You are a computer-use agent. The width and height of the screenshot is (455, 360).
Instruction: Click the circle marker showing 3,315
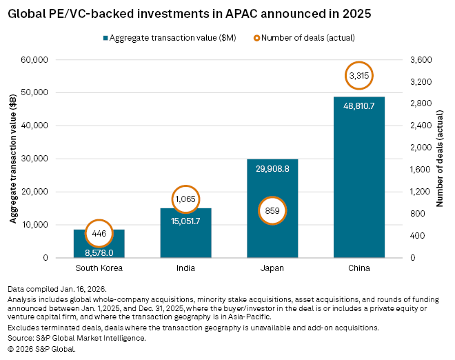358,74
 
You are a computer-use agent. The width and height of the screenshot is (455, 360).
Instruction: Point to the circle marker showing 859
272,210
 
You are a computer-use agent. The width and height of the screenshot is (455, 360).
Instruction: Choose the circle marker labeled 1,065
185,199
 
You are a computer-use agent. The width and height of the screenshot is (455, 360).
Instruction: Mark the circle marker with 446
99,233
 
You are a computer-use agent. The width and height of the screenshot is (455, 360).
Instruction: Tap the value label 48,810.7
358,106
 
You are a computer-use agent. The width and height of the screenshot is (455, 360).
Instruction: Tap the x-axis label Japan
272,268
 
